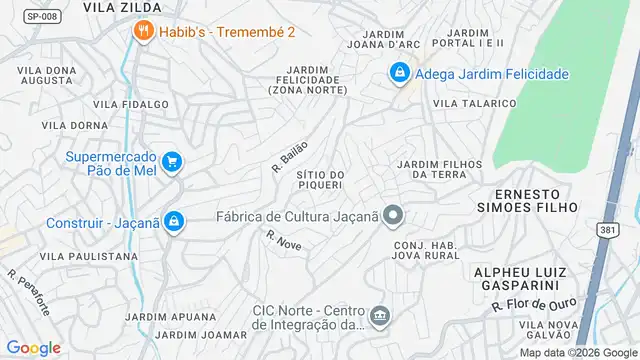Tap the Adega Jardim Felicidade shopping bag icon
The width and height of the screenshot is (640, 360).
[399, 73]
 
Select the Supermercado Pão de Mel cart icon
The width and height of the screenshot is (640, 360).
[172, 161]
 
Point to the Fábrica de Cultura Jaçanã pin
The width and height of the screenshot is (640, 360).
[394, 215]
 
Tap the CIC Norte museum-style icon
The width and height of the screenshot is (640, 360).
[380, 317]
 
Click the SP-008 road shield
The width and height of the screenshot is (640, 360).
[40, 16]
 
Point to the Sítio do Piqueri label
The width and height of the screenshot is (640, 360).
[320, 179]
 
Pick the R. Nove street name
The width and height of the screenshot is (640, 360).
[284, 240]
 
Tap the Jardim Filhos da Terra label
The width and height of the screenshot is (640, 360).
[439, 169]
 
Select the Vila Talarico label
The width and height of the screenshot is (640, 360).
[474, 103]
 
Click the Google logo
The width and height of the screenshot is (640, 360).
[33, 347]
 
